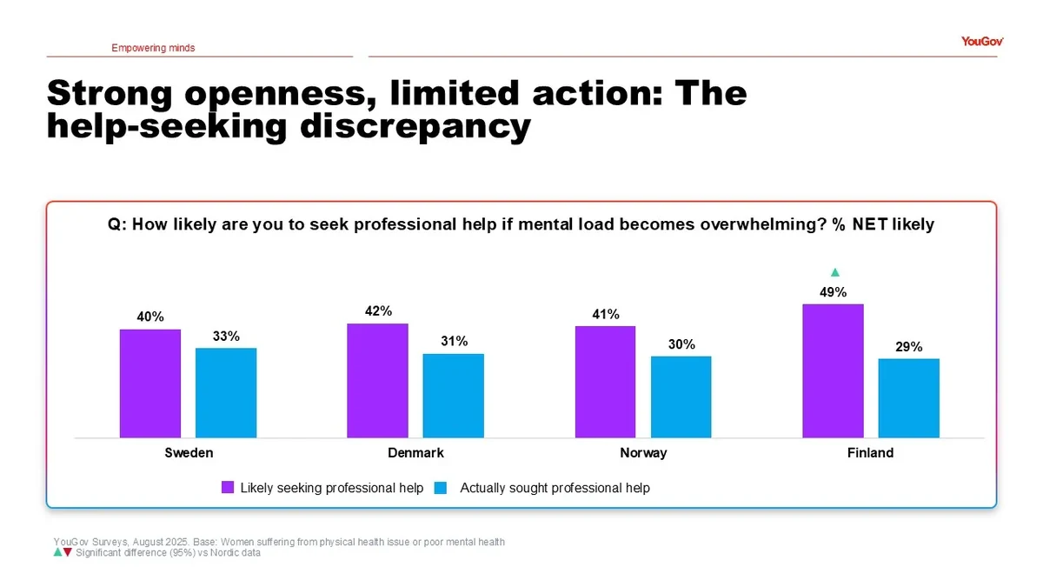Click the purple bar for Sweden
pyautogui.click(x=150, y=384)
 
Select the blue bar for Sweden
pyautogui.click(x=226, y=393)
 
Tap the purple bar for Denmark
pyautogui.click(x=377, y=381)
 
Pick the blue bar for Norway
pyautogui.click(x=681, y=397)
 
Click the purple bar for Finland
pyautogui.click(x=833, y=371)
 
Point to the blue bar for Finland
pyautogui.click(x=908, y=398)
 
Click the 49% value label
pyautogui.click(x=833, y=293)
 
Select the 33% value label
pyautogui.click(x=226, y=337)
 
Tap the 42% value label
pyautogui.click(x=378, y=311)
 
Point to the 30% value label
pyautogui.click(x=681, y=344)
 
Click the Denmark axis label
pyautogui.click(x=415, y=453)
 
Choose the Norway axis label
pyautogui.click(x=643, y=453)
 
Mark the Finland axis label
pyautogui.click(x=870, y=453)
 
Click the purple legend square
pyautogui.click(x=228, y=488)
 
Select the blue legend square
pyautogui.click(x=440, y=488)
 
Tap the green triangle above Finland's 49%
pyautogui.click(x=834, y=272)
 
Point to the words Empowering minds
pyautogui.click(x=153, y=48)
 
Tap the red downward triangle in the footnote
pyautogui.click(x=67, y=552)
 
